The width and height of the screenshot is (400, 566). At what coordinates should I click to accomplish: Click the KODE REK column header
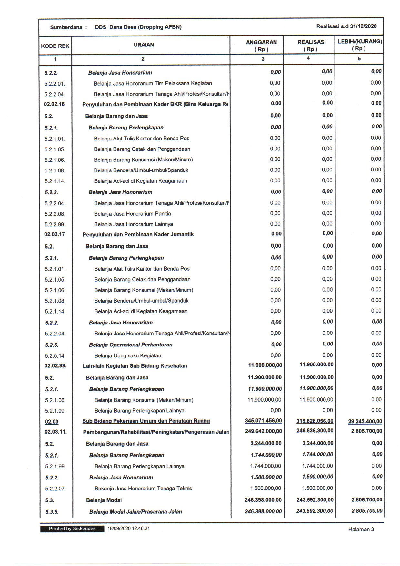pos(55,46)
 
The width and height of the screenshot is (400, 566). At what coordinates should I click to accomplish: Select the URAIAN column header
pos(144,45)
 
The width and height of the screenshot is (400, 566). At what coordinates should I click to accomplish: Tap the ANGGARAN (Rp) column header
pos(261,46)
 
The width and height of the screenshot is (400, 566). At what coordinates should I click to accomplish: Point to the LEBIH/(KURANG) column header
pos(360,45)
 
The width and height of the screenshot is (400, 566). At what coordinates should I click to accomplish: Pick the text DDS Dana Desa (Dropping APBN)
pos(138,27)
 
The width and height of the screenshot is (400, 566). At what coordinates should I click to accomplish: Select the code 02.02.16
pos(54,104)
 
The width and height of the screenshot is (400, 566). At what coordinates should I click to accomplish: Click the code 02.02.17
pos(55,234)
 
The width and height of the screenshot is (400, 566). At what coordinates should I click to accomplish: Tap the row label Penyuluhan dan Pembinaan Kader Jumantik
pos(138,234)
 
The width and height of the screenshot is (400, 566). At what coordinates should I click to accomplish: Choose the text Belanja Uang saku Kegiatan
pos(128,355)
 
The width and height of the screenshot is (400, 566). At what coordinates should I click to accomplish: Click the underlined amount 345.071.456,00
pos(263,421)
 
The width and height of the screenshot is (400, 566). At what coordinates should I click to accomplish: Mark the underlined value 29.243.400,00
pos(365,421)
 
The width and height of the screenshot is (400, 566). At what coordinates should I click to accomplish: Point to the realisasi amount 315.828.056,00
pos(315,421)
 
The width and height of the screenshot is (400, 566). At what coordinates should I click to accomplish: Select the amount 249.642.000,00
pos(263,431)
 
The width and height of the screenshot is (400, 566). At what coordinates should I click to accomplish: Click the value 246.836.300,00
pos(315,431)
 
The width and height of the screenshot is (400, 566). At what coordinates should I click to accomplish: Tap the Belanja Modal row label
pos(104,500)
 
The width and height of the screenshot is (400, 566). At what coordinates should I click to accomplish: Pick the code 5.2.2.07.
pos(55,489)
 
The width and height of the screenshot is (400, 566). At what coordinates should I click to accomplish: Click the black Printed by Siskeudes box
pos(72,529)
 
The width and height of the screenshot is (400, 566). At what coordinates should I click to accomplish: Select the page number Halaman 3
pos(361,529)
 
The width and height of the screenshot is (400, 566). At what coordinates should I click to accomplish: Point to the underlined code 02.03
pos(52,421)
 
